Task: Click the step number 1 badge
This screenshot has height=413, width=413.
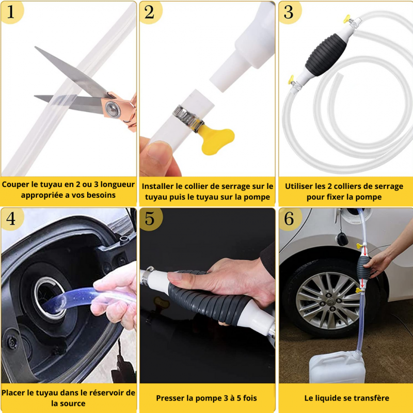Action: pos(11,12)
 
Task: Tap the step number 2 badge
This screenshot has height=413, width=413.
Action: pos(150,12)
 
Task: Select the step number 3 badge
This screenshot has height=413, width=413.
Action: pos(289,12)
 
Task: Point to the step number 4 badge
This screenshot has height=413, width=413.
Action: pos(11,218)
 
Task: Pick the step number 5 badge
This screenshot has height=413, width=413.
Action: pos(150,218)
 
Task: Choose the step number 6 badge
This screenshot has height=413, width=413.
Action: pos(289,218)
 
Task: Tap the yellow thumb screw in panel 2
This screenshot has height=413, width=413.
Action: pos(216,139)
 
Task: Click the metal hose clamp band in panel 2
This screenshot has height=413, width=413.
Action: pos(187,118)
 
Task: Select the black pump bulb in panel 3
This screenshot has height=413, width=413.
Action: pos(326,55)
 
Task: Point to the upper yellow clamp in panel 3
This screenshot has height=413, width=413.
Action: pos(346,19)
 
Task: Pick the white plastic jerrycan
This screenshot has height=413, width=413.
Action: pos(337,367)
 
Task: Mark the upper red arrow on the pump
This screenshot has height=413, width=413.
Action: pos(365,251)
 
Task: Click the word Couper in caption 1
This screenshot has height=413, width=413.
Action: pos(15,184)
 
